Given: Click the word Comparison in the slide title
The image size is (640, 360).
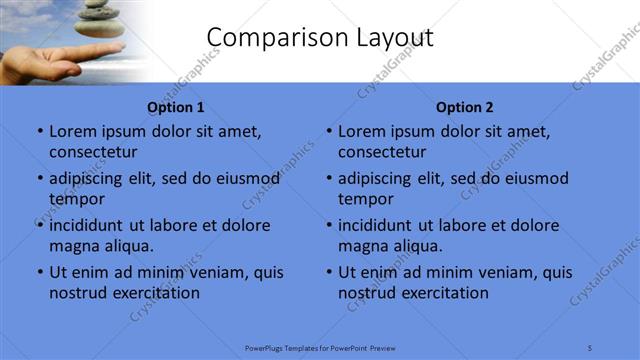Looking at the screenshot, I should (269, 38).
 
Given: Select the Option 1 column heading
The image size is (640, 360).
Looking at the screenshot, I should (176, 107).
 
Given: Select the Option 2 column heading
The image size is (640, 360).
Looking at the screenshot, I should (465, 107).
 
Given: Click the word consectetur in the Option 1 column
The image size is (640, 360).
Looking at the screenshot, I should (93, 152).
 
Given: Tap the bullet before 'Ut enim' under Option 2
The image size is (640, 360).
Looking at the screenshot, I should (329, 272).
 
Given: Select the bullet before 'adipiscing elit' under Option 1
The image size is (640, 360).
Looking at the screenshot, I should (40, 179).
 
